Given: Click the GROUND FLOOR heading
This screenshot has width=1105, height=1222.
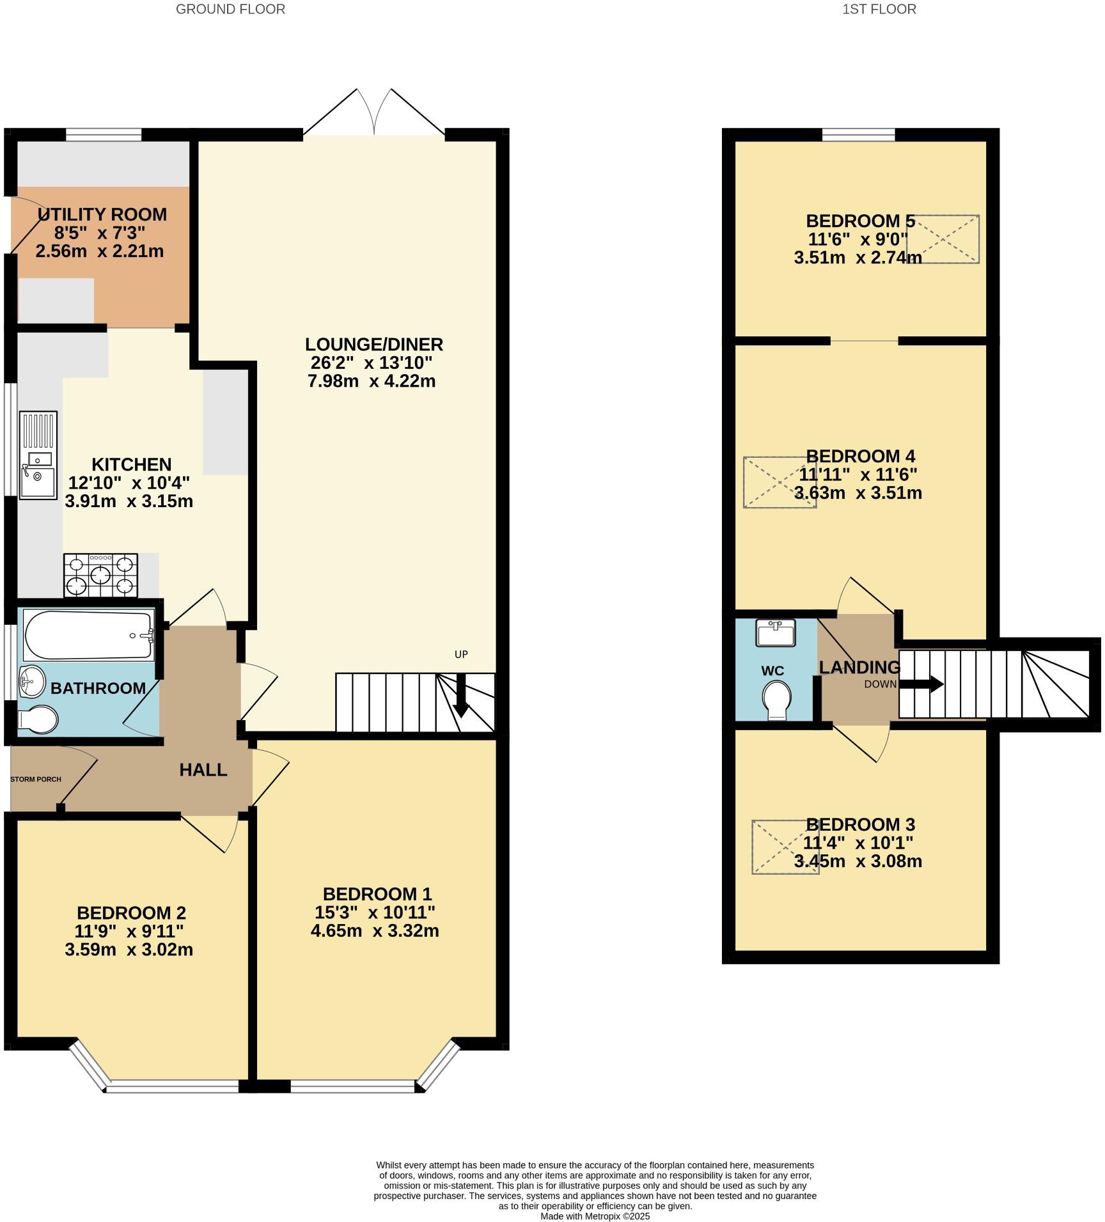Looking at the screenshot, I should (x=230, y=9).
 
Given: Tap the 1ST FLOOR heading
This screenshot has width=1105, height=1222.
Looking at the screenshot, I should (x=879, y=9).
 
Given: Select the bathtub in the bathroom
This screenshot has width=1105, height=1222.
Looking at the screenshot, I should (x=88, y=635).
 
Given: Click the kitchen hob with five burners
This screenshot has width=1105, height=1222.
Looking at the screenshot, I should (x=100, y=575).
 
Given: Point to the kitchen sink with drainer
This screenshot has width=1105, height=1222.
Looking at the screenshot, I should (x=38, y=455).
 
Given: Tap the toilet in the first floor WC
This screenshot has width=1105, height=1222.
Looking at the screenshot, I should (x=776, y=700).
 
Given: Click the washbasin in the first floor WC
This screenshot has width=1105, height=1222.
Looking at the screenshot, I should (x=775, y=632).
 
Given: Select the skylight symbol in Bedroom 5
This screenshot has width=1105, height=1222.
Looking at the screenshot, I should (x=942, y=239).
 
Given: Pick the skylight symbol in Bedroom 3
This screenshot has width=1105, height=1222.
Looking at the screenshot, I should (x=785, y=847).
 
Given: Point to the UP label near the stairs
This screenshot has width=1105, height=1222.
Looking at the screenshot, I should (x=461, y=654).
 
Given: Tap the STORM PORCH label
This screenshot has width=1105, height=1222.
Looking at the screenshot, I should (x=36, y=779).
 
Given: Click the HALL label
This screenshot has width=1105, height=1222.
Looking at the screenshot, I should (x=203, y=770).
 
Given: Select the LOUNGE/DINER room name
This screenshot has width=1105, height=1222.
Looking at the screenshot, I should (x=373, y=345).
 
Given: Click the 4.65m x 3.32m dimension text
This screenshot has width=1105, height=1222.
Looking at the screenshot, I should (x=375, y=930).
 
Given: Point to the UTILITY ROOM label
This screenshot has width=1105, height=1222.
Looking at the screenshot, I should (x=102, y=214).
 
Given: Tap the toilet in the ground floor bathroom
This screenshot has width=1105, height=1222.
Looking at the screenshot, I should (x=38, y=719).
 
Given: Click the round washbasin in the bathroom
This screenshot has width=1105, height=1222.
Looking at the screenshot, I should (x=32, y=681).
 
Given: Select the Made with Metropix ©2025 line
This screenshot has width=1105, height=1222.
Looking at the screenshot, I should (x=595, y=1216).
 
